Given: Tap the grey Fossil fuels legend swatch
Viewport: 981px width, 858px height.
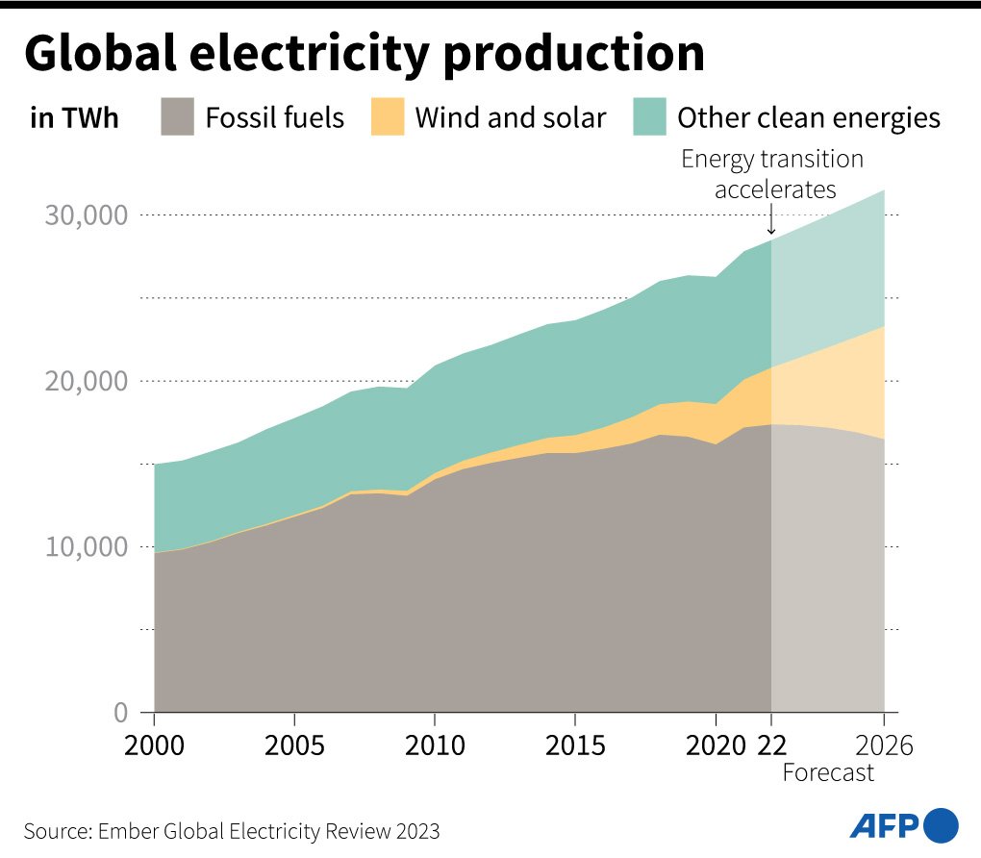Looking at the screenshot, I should point(178,117).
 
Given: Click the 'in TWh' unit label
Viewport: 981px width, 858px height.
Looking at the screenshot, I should point(73,118).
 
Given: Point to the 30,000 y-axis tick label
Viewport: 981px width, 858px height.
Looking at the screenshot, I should point(87,214).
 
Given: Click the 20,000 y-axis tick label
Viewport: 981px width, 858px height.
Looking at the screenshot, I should point(87,381).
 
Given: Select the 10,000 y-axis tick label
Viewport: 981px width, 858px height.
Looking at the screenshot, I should point(87,546).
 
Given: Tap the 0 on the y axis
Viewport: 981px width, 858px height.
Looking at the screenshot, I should point(121,713).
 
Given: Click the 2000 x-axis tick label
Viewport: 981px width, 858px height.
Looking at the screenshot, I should point(154,746).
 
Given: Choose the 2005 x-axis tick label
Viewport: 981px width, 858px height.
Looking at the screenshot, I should point(293,746).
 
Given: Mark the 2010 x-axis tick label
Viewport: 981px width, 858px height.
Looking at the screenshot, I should point(434,746).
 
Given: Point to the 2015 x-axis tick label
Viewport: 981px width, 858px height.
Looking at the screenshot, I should point(574,746).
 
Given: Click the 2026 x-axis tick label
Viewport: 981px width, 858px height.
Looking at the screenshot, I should point(883,746).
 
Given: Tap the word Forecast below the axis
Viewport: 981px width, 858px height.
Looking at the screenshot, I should point(828,772).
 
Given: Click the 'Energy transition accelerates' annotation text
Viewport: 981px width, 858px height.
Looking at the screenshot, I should point(772,174).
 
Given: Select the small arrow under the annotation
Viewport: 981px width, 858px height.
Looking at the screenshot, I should point(771,223).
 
